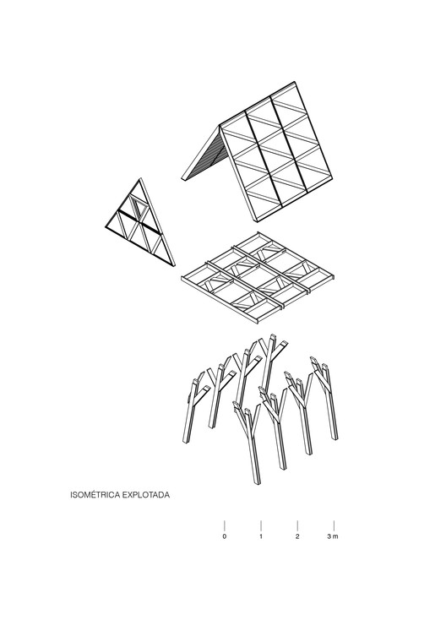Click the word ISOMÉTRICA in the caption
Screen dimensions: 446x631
tap(95, 494)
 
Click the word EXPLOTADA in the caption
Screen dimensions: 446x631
tap(146, 494)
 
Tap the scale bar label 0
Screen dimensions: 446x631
tap(225, 536)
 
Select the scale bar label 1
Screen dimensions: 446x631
tap(261, 536)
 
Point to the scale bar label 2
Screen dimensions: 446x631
tap(297, 536)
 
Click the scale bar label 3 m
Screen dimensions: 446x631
tap(333, 536)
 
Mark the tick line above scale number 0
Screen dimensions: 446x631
tap(225, 525)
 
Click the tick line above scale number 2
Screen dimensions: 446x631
tap(297, 525)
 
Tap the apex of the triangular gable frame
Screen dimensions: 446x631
tap(140, 178)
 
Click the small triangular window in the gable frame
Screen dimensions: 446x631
tap(140, 209)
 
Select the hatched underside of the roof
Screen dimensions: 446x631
tap(206, 158)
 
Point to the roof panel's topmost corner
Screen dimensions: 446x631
tap(294, 82)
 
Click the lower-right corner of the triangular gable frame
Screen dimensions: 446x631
tap(173, 266)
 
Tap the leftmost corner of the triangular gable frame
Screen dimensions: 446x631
tap(105, 227)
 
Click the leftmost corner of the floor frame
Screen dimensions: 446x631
tap(182, 277)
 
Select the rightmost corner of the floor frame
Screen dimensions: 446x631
tap(334, 277)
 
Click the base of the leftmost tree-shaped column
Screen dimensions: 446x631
tap(186, 443)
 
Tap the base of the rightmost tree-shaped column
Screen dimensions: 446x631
tap(334, 438)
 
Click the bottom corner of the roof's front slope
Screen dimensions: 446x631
tap(258, 221)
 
